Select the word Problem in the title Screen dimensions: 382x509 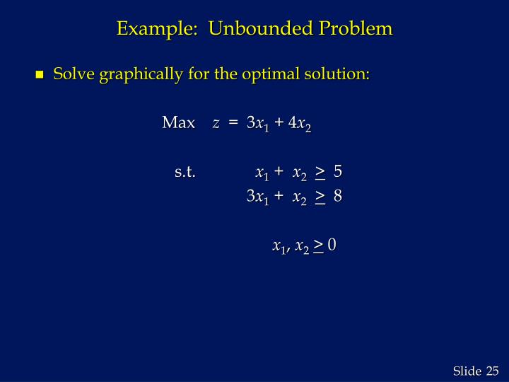point(356,29)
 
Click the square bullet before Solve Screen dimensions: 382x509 point(40,74)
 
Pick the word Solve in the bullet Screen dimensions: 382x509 point(74,74)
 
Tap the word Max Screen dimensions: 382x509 point(178,122)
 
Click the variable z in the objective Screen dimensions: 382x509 point(216,123)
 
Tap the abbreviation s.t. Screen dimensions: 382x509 point(185,172)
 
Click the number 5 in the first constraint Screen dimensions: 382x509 point(338,171)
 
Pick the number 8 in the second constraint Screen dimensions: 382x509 point(338,196)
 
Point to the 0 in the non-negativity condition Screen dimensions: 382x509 point(332,245)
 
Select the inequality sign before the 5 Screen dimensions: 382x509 point(320,172)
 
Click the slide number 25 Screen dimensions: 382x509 point(493,371)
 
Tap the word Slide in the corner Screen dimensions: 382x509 point(467,371)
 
